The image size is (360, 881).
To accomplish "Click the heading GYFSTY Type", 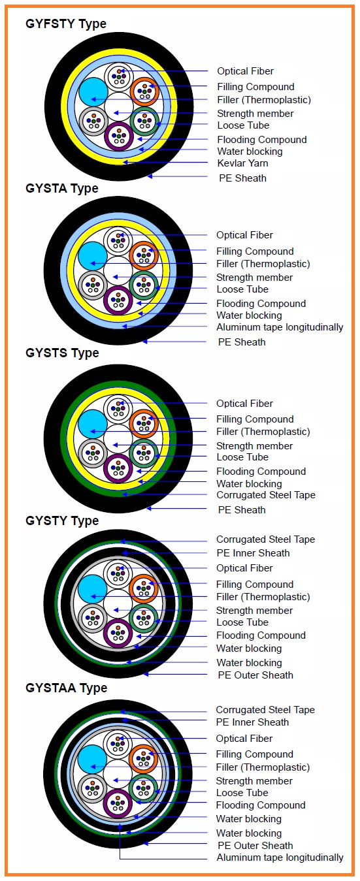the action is coord(66,24).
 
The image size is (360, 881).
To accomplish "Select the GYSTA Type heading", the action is coord(62,188).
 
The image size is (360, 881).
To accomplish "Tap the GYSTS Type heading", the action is coord(62,353).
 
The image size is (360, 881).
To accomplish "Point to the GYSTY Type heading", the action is coord(62,521).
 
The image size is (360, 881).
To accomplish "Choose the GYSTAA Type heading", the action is coord(66,688).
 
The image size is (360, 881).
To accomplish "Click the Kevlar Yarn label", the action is coord(243,163).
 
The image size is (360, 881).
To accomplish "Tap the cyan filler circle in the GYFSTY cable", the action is coord(93,92).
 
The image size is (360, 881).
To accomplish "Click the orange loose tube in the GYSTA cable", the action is coord(144,255).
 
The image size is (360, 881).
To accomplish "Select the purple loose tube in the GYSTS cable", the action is coord(118,468).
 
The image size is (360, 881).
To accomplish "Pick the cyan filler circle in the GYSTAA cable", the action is coord(93,759).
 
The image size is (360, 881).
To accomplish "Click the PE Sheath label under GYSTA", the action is coord(242,342).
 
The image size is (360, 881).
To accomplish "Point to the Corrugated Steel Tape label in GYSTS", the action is coord(266,495).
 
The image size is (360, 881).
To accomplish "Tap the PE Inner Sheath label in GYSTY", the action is coord(253,553).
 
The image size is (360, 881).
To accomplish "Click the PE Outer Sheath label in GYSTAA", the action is coord(255,845).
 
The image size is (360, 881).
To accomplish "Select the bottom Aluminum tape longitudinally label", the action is coord(280,857).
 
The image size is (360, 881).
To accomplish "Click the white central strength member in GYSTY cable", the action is coord(118,603).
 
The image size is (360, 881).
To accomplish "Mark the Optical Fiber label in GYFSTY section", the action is coord(246,71).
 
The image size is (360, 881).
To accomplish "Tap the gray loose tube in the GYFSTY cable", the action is coord(93,121).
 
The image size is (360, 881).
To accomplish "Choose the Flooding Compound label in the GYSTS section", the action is coord(261,471).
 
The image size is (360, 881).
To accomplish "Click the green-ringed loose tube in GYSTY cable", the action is coord(144,618).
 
